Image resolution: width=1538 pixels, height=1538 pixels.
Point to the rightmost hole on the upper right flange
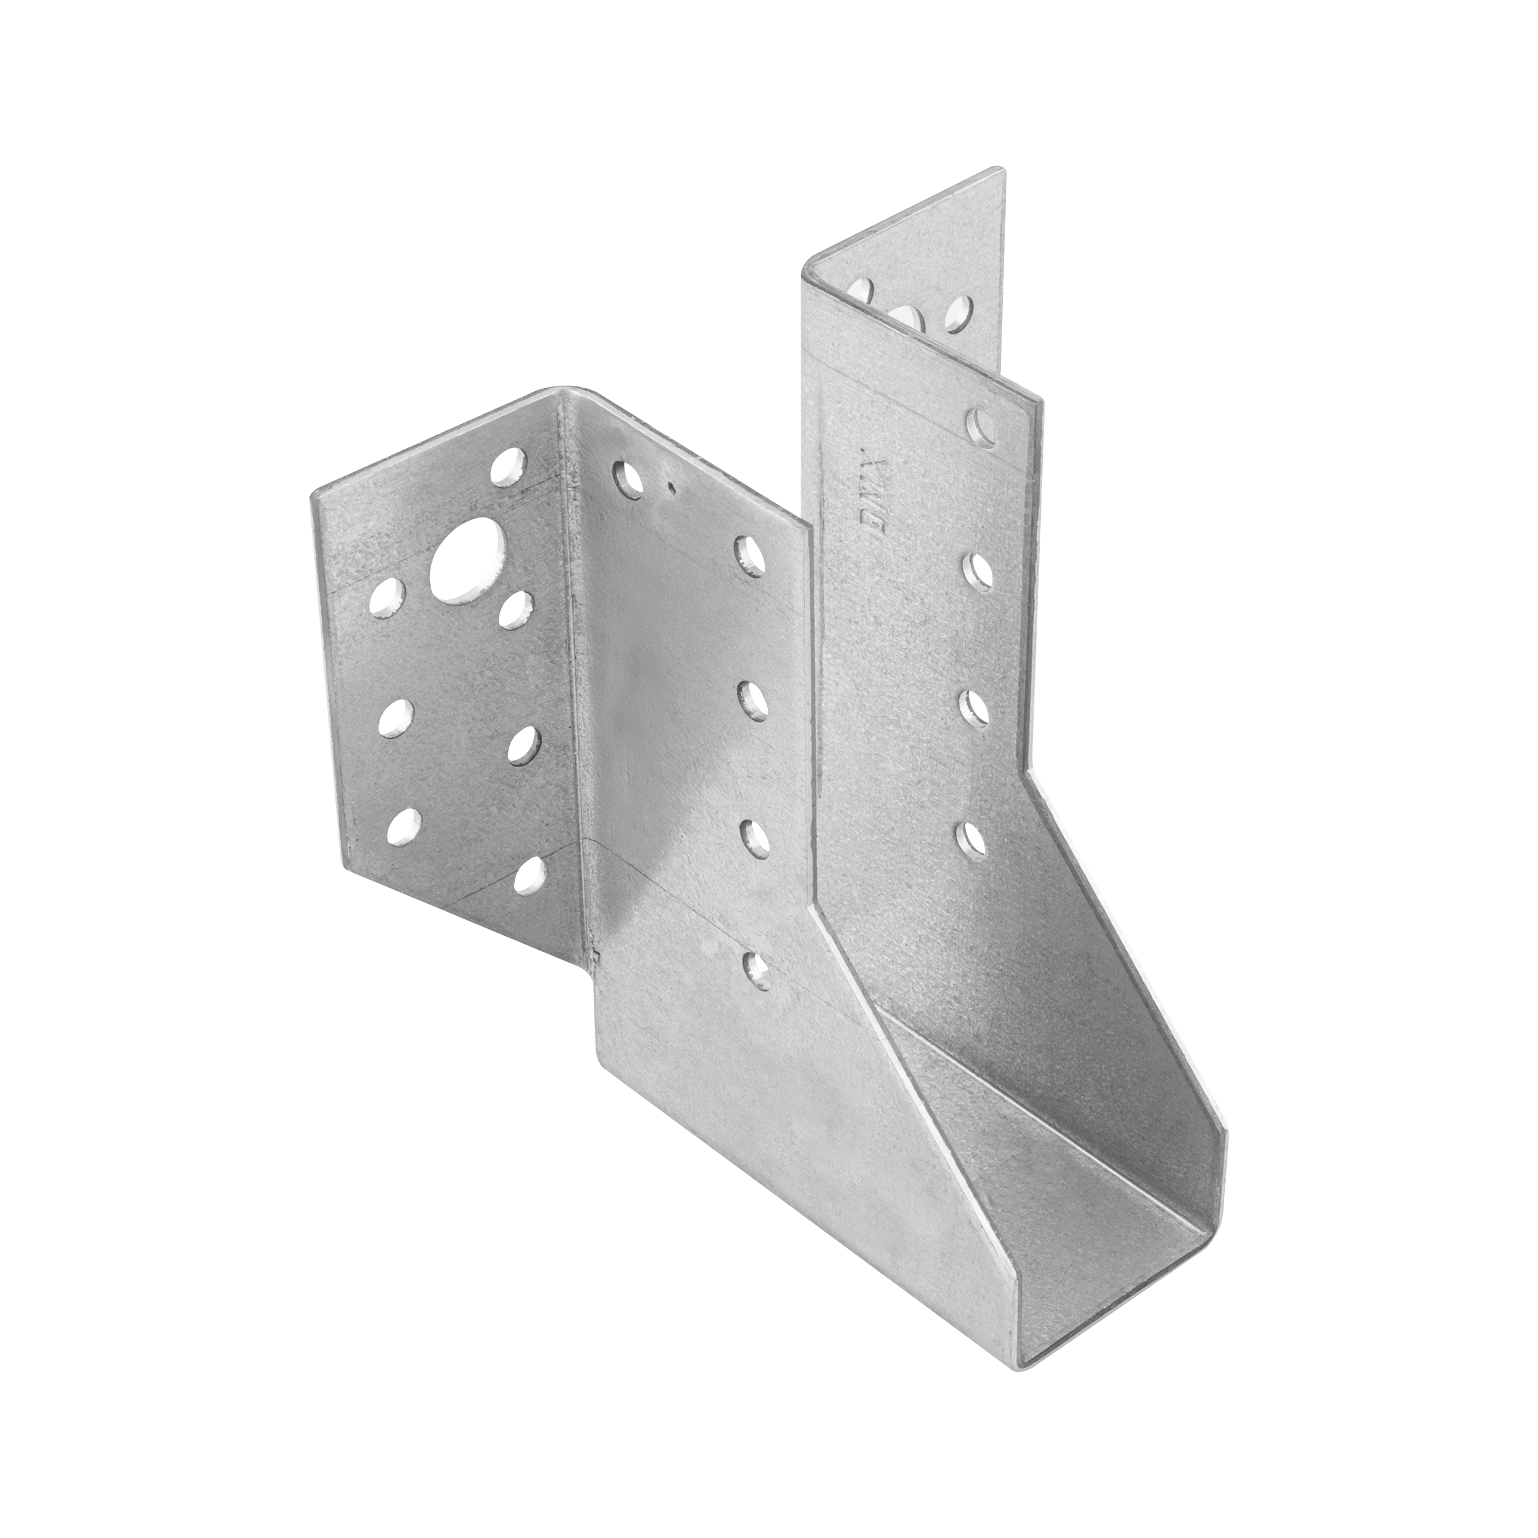[x=962, y=313]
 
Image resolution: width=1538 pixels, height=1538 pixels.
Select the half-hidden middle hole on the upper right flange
[x=910, y=317]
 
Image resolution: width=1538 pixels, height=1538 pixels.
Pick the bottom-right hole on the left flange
[x=531, y=877]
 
